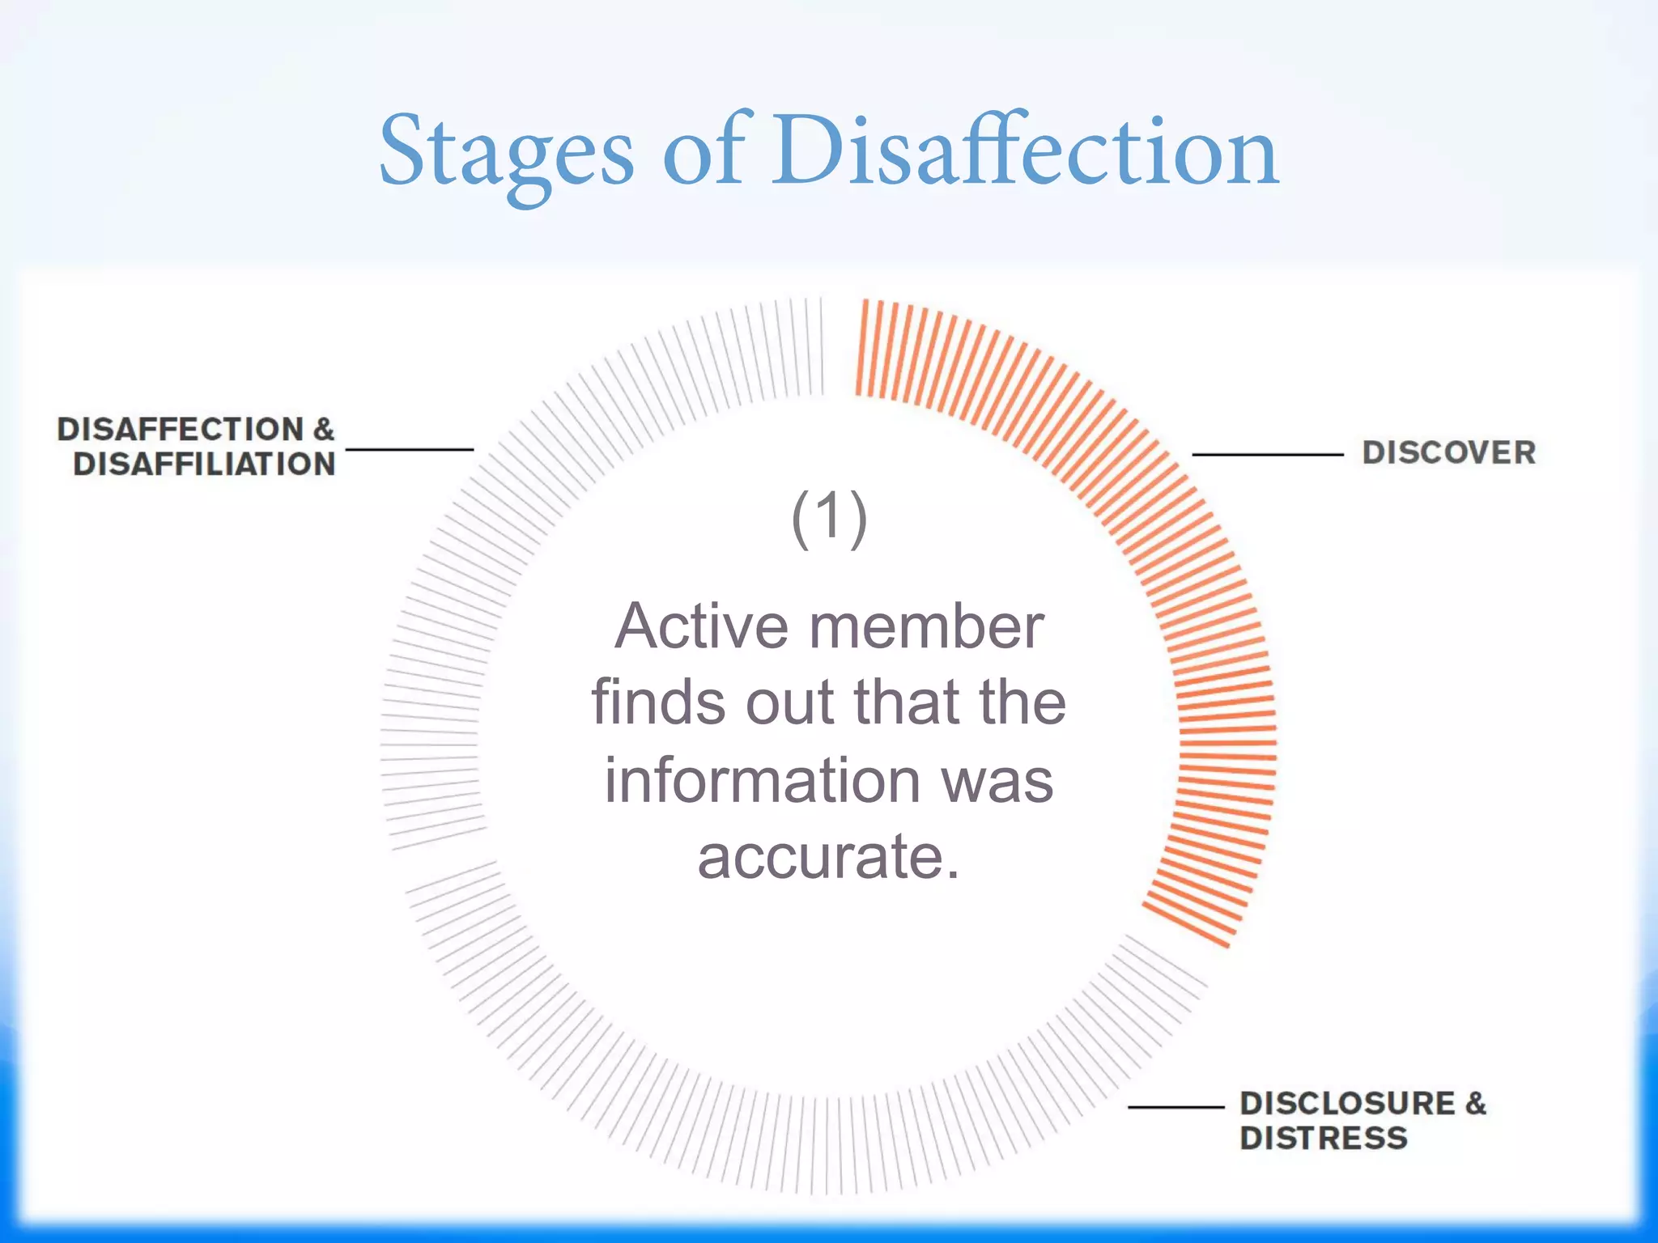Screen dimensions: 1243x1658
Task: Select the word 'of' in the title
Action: pyautogui.click(x=703, y=151)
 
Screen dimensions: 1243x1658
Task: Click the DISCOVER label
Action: pyautogui.click(x=1448, y=453)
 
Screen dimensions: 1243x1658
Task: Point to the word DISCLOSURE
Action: pyautogui.click(x=1347, y=1104)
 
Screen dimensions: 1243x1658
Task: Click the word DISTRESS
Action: pyautogui.click(x=1323, y=1139)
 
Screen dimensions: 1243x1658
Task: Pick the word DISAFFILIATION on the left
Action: pyautogui.click(x=204, y=465)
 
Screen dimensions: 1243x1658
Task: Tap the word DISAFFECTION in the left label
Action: pyautogui.click(x=180, y=429)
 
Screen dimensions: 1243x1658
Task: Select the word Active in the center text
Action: pyautogui.click(x=701, y=626)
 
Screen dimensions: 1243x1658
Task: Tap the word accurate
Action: pyautogui.click(x=827, y=856)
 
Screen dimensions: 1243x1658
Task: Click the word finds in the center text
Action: pyautogui.click(x=659, y=702)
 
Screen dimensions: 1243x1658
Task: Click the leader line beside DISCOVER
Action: pyautogui.click(x=1267, y=455)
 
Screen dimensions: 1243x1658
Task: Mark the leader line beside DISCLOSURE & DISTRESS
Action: pyautogui.click(x=1175, y=1106)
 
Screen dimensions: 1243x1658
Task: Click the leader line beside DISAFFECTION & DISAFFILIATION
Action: pyautogui.click(x=409, y=449)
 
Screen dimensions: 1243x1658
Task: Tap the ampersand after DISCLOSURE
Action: pyautogui.click(x=1475, y=1104)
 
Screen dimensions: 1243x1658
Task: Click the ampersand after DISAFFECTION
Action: pyautogui.click(x=324, y=429)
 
